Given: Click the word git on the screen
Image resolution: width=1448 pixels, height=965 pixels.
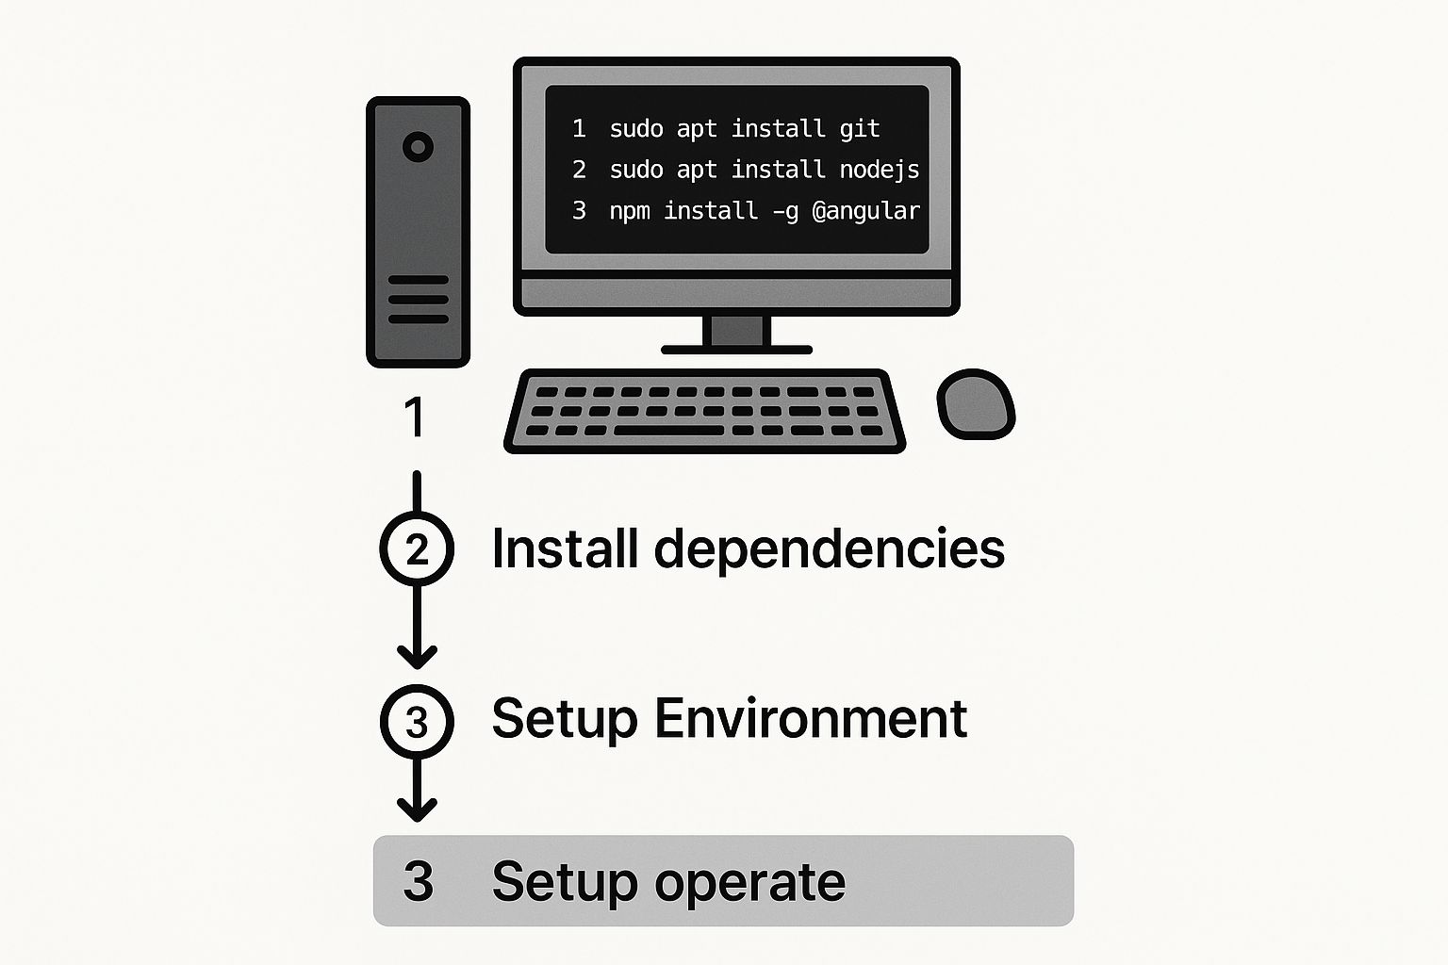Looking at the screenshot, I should point(859,129).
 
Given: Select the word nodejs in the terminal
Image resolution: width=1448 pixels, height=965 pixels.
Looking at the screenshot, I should point(879,171).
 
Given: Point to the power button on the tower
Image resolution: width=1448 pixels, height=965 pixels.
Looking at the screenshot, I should point(418,147).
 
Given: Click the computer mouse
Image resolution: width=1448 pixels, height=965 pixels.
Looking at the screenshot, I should point(976,404).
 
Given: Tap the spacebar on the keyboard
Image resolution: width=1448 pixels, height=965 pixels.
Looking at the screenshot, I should point(668,431).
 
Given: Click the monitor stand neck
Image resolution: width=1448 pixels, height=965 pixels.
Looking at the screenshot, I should point(736,331).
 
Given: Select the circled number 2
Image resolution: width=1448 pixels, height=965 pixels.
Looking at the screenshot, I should point(417,549).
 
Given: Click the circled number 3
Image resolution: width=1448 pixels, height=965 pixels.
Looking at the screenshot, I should point(417,722).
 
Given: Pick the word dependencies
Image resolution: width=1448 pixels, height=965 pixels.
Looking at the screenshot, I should point(829,549).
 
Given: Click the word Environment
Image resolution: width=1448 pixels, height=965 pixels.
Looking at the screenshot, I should point(810,719).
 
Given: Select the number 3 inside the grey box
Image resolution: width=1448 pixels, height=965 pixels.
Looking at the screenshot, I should point(418,881).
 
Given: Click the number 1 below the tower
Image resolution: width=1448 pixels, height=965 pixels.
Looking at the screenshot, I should point(414,417).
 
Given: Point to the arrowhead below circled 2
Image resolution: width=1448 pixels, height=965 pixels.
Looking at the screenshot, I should point(417,655).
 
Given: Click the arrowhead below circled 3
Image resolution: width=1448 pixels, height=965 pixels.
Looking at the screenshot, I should point(417,809).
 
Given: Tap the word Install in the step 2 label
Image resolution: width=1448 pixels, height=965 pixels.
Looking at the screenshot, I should point(565,549).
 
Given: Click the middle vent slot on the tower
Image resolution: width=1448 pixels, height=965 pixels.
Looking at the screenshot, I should point(418,300).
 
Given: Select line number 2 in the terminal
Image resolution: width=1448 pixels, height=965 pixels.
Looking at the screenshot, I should point(579,171).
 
